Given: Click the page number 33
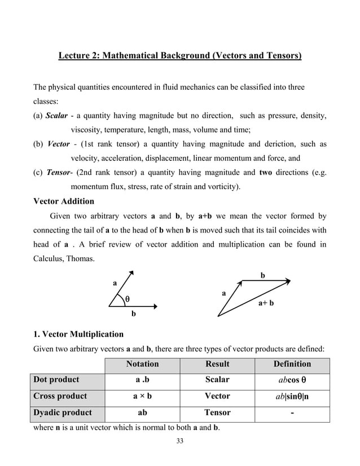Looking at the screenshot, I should [x=180, y=440].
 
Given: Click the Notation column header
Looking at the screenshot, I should [x=142, y=364].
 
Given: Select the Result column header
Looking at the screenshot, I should [x=217, y=364].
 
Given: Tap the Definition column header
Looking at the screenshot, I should [x=292, y=364].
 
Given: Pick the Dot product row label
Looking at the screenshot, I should [x=56, y=380].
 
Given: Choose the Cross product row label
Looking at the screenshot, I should [x=61, y=396].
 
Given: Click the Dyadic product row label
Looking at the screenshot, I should [x=63, y=412].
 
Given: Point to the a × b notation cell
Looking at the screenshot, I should [x=142, y=396].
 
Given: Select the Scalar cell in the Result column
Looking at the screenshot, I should [x=217, y=380].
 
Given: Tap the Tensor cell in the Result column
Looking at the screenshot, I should [x=217, y=412].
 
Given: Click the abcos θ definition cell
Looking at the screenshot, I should [x=292, y=380].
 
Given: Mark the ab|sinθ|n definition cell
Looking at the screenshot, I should [x=292, y=397].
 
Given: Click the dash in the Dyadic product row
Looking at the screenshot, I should [x=292, y=412].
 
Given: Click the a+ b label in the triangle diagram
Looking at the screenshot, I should [x=266, y=303].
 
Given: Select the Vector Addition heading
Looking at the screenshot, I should [x=64, y=201].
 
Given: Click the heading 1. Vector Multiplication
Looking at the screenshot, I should [x=78, y=333].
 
